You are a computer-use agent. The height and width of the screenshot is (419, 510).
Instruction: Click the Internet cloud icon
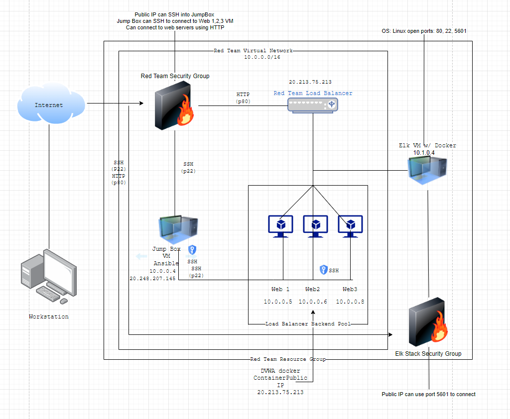coord(50,105)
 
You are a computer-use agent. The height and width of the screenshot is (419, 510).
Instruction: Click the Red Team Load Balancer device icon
coord(312,104)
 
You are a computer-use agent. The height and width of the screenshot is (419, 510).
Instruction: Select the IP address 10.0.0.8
coord(350,302)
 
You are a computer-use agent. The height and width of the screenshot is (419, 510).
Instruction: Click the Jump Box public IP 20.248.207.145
coord(152,279)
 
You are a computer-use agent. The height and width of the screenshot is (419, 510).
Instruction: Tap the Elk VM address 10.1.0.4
coord(424,152)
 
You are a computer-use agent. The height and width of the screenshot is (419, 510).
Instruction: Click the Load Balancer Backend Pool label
coord(308,323)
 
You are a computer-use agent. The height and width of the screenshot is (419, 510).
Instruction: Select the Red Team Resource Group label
coord(288,359)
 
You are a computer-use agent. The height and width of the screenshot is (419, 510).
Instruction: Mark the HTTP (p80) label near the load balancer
coord(243,98)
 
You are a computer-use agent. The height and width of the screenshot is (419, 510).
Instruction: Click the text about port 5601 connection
coord(428,394)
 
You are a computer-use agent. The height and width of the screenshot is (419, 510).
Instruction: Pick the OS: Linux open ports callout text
coord(424,31)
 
